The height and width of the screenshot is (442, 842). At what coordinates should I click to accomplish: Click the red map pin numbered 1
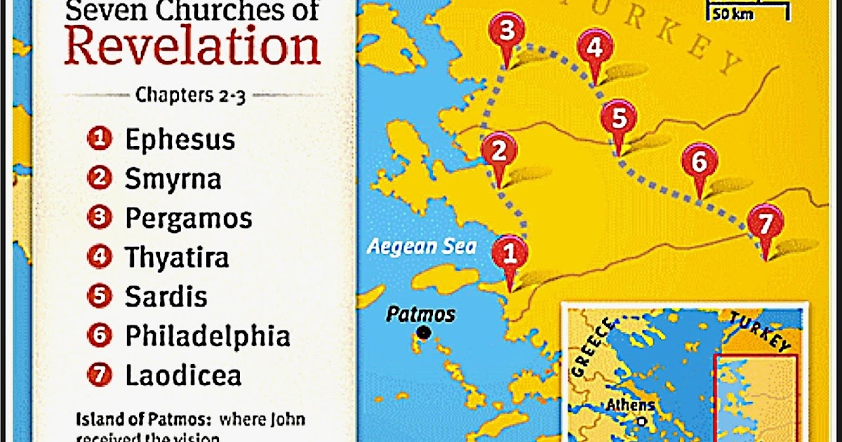pyautogui.click(x=509, y=253)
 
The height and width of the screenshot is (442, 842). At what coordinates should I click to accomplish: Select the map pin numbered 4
pyautogui.click(x=595, y=50)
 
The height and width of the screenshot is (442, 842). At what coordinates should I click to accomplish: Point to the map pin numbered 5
pyautogui.click(x=618, y=119)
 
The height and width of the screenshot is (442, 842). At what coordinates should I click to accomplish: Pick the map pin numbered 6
pyautogui.click(x=700, y=163)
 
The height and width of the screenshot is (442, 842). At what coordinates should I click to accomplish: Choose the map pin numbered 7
pyautogui.click(x=765, y=225)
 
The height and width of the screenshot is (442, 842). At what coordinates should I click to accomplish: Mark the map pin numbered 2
pyautogui.click(x=500, y=152)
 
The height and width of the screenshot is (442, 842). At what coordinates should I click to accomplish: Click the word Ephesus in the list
pyautogui.click(x=180, y=140)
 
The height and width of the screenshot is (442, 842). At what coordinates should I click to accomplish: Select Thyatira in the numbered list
pyautogui.click(x=177, y=257)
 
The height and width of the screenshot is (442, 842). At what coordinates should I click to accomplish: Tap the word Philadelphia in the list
pyautogui.click(x=208, y=336)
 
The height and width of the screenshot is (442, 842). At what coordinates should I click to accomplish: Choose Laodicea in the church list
pyautogui.click(x=183, y=375)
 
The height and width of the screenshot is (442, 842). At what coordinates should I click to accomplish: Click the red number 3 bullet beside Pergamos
pyautogui.click(x=100, y=218)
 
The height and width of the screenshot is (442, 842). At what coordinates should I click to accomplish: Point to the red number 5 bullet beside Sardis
pyautogui.click(x=100, y=297)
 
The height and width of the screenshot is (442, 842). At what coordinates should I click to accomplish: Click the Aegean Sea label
pyautogui.click(x=422, y=246)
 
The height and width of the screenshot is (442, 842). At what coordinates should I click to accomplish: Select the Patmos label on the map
pyautogui.click(x=421, y=314)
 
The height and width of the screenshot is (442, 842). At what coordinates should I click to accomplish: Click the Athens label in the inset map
pyautogui.click(x=631, y=405)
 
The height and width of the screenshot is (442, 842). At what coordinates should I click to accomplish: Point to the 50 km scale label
pyautogui.click(x=733, y=14)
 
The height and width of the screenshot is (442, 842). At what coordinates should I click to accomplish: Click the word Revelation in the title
pyautogui.click(x=192, y=46)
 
